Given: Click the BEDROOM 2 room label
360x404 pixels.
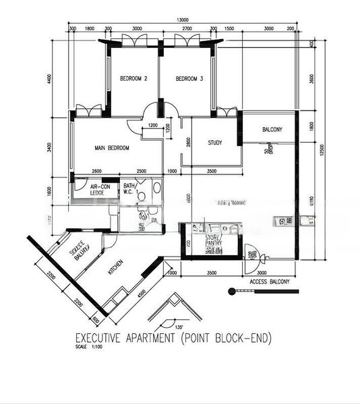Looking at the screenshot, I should point(133,79).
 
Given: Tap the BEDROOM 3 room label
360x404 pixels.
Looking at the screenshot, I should point(189,79).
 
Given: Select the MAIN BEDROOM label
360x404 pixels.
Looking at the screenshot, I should point(112,148).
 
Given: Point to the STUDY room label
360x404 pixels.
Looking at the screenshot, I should point(215,143).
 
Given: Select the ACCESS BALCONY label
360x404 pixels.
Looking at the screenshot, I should point(268,281).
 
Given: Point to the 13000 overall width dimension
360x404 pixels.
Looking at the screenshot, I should point(183,21).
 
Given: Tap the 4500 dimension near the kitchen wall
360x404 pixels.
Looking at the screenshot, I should point(140,292).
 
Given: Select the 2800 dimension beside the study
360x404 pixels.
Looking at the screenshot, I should point(189,143).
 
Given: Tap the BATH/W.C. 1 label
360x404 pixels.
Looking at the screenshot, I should point(130,189).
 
